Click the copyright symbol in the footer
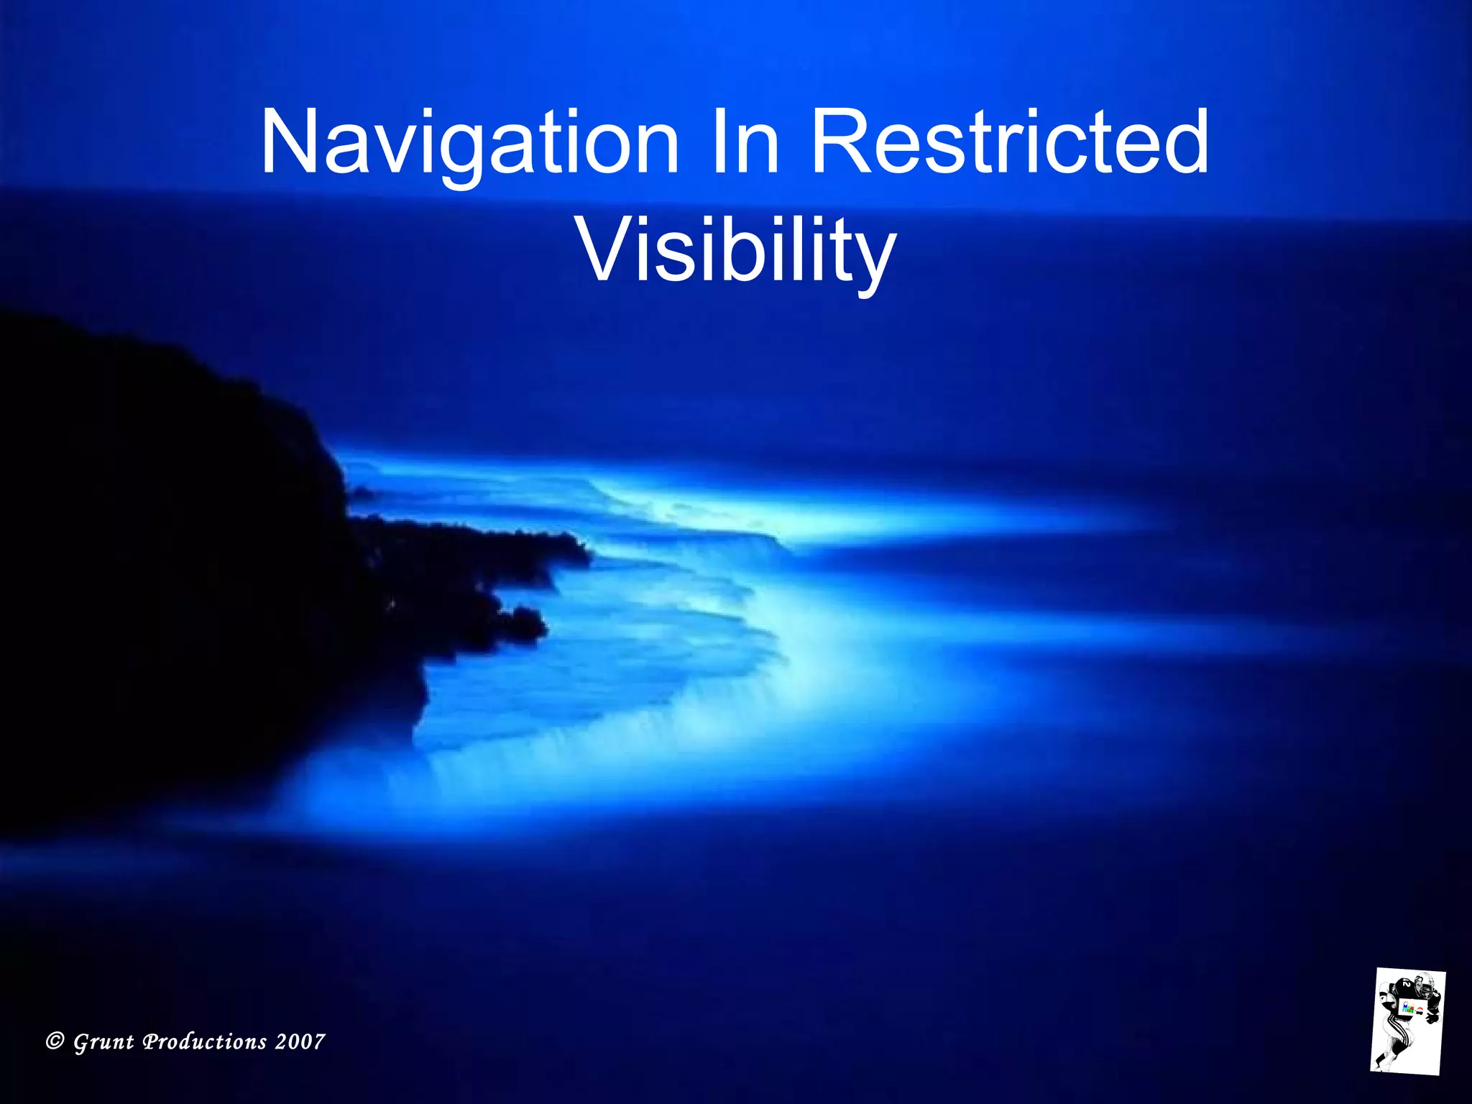[55, 1041]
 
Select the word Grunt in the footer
[103, 1042]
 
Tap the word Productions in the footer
[205, 1041]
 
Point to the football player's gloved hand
[1433, 1018]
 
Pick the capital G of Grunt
[82, 1041]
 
